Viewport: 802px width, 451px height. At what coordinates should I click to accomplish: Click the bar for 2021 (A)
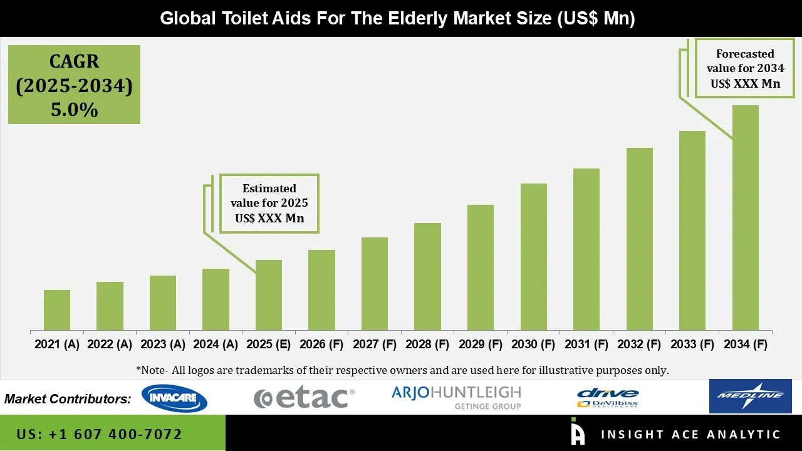[57, 310]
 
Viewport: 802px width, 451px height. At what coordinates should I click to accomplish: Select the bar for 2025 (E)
[269, 295]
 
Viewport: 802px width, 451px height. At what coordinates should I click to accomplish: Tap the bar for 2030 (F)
[533, 257]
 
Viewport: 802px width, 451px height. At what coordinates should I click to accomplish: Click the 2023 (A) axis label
[163, 345]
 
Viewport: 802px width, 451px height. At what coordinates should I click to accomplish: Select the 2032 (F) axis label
[639, 345]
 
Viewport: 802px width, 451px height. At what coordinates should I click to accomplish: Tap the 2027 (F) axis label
[375, 345]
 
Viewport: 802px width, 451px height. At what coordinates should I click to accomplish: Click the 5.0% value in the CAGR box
[74, 110]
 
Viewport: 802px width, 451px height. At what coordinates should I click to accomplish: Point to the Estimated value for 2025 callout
[269, 203]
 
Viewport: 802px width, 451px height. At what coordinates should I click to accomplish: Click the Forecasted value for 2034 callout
[745, 69]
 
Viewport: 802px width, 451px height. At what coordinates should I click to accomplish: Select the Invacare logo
[174, 398]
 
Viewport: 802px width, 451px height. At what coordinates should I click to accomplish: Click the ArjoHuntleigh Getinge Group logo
[456, 397]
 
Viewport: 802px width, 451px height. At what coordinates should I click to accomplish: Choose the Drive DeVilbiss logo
[607, 398]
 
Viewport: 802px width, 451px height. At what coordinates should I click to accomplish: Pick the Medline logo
[750, 396]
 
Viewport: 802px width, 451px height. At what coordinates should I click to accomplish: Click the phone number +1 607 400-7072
[100, 434]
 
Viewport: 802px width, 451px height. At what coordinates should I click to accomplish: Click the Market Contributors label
[68, 399]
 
